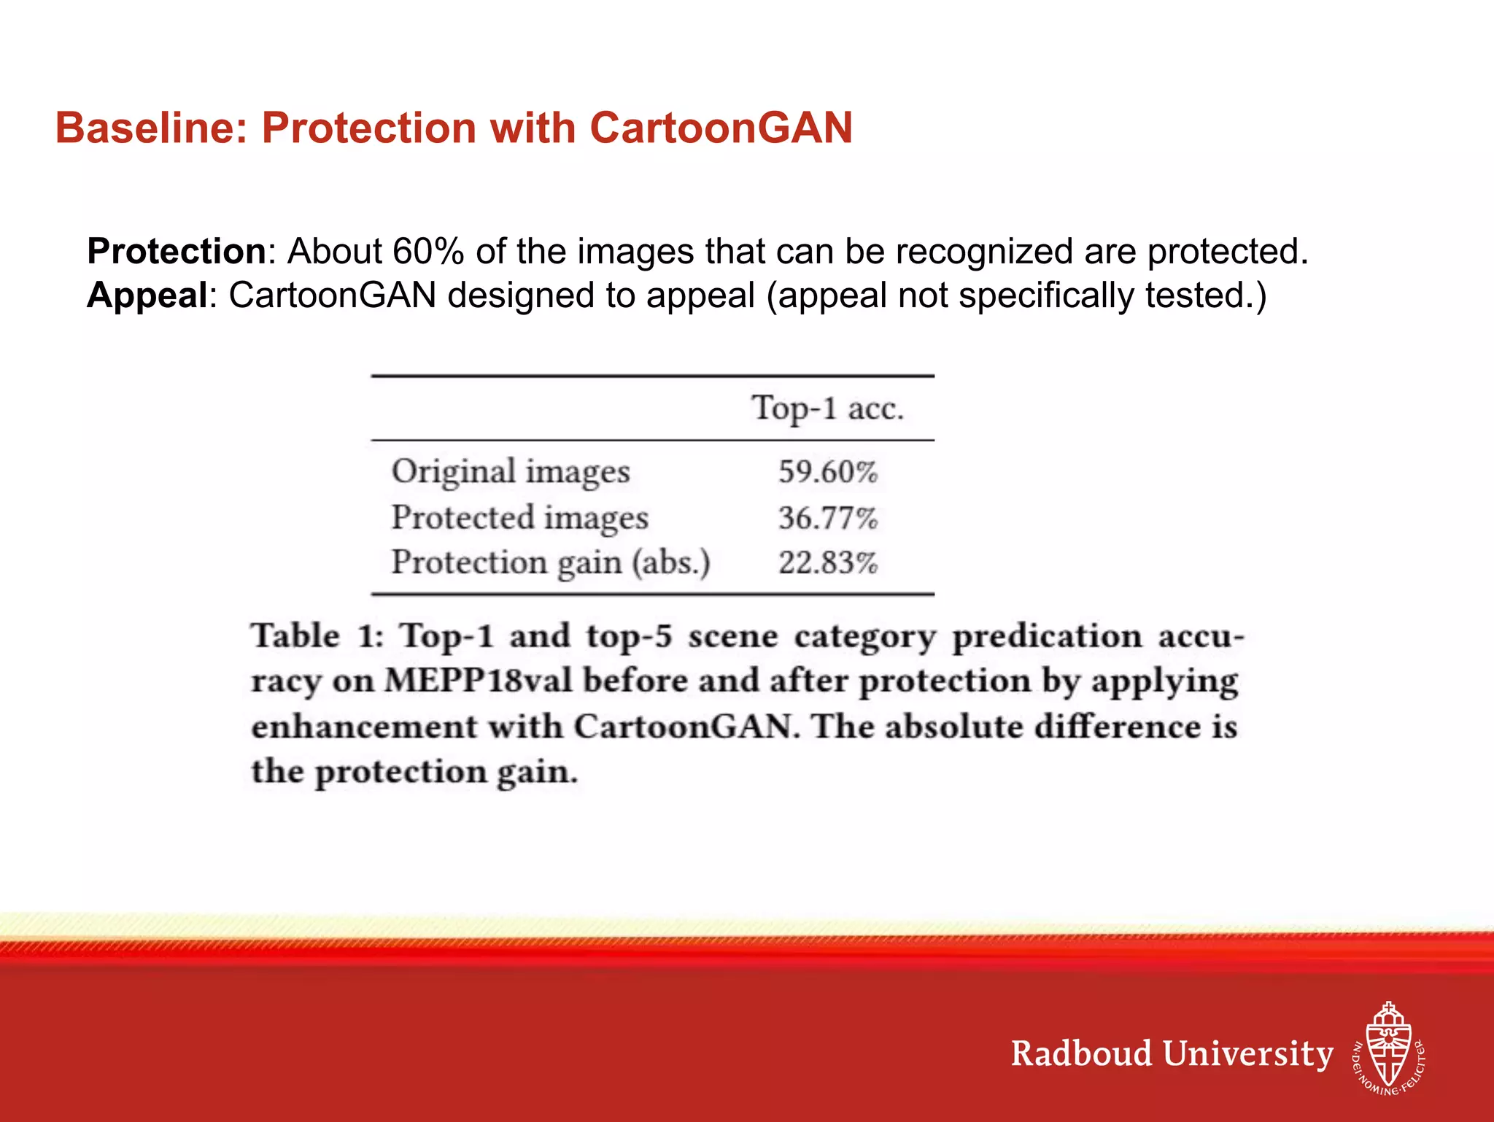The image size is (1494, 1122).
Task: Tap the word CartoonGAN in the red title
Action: [x=721, y=128]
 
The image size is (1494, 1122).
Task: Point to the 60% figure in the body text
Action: [x=428, y=252]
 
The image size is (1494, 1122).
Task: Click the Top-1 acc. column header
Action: [x=827, y=408]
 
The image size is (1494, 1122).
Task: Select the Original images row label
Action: [x=511, y=471]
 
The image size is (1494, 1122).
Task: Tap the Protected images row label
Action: [x=519, y=517]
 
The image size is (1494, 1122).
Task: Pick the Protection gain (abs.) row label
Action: [x=551, y=562]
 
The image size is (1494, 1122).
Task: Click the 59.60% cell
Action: [x=828, y=472]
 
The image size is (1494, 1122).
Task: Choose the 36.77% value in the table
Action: [x=828, y=518]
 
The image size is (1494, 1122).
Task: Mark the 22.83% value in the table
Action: [x=828, y=563]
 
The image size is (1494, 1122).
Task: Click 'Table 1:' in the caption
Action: [x=317, y=636]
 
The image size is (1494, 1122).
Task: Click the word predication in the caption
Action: [x=1047, y=636]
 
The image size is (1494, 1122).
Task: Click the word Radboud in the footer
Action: [x=1081, y=1054]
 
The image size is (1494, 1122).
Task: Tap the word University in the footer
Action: [x=1247, y=1054]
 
